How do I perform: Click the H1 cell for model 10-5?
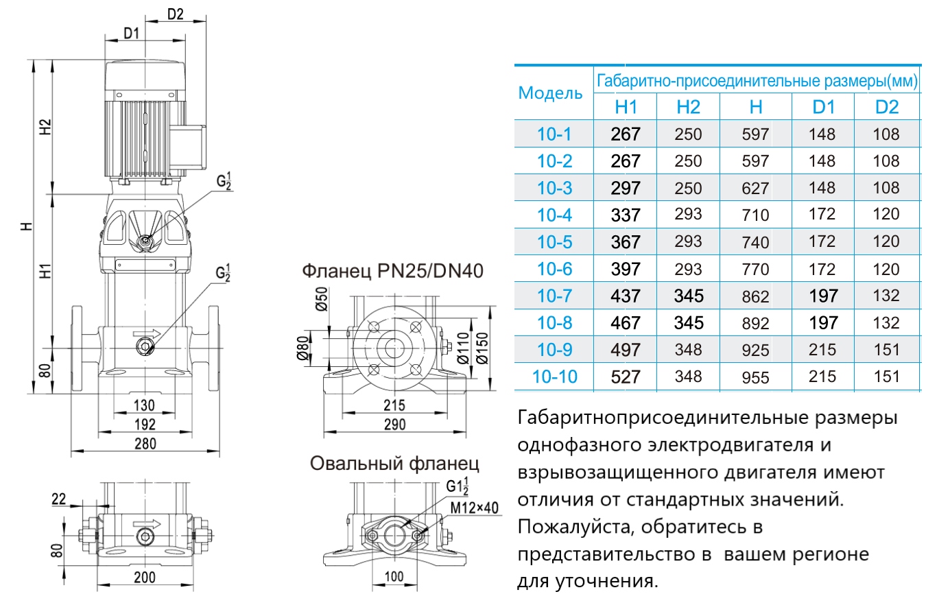point(626,242)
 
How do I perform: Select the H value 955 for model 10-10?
point(755,377)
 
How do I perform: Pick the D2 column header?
point(886,106)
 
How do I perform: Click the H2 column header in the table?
point(688,106)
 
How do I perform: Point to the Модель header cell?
point(550,93)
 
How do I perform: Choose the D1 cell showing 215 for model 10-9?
point(822,350)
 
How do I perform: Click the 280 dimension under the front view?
point(145,443)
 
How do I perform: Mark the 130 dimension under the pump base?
point(144,404)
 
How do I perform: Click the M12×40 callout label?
point(474,508)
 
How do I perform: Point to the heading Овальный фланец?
point(394,463)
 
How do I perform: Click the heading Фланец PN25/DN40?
point(393,272)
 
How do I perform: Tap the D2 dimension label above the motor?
point(176,14)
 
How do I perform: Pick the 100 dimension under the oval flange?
point(394,576)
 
